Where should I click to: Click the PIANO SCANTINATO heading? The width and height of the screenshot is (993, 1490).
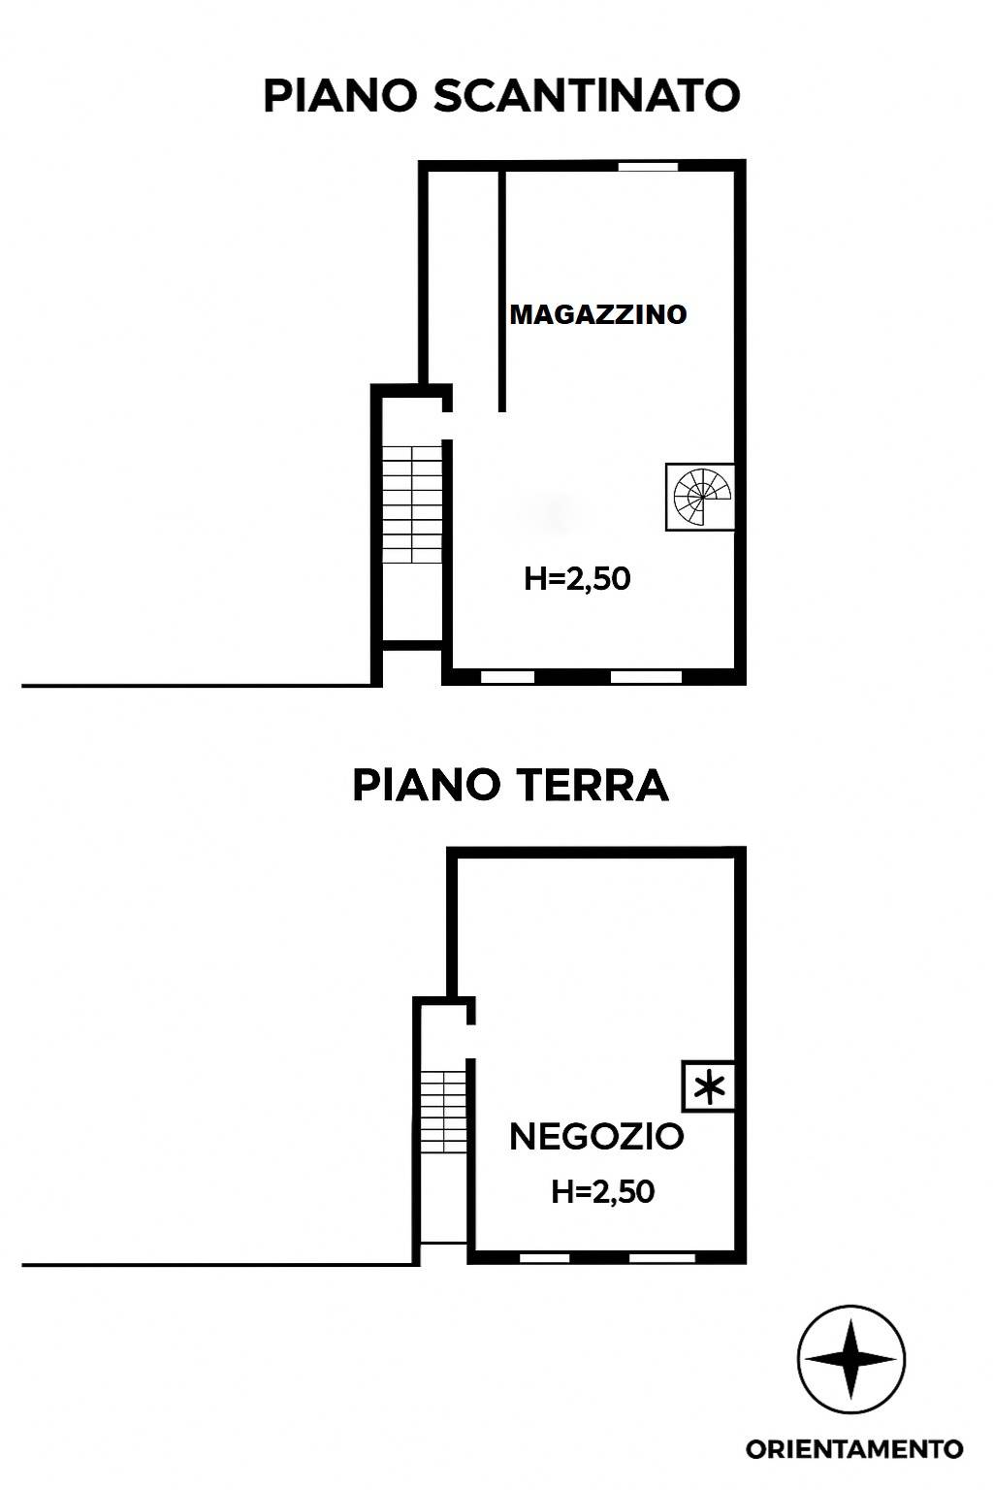[x=501, y=96]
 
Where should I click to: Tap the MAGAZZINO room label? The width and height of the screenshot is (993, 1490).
[x=598, y=314]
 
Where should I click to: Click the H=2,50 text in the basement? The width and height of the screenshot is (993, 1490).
[x=577, y=578]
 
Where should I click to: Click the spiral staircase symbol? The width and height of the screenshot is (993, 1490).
[x=701, y=497]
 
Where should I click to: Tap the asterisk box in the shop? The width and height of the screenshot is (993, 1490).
[x=709, y=1085]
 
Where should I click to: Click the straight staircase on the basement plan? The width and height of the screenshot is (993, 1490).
[x=412, y=504]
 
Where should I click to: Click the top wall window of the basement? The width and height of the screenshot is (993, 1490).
[x=649, y=166]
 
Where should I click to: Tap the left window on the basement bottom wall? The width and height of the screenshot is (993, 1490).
[x=507, y=676]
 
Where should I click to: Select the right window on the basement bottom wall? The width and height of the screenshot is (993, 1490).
[x=647, y=676]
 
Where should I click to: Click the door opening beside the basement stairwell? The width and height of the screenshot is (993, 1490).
[x=448, y=426]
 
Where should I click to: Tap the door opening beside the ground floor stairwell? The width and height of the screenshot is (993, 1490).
[x=470, y=1042]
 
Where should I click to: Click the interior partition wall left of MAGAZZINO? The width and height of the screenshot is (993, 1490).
[x=502, y=291]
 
